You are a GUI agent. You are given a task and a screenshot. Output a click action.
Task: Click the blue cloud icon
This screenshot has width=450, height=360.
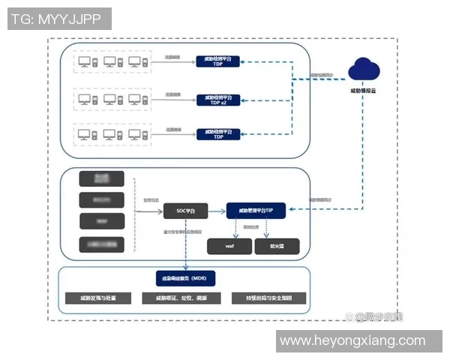pyautogui.click(x=366, y=68)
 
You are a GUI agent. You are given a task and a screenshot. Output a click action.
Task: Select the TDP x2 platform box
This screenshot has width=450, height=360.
pyautogui.click(x=218, y=99)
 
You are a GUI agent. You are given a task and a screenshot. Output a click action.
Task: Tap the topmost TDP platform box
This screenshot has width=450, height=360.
pyautogui.click(x=218, y=61)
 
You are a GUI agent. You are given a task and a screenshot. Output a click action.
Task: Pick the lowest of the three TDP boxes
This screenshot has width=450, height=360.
pyautogui.click(x=218, y=135)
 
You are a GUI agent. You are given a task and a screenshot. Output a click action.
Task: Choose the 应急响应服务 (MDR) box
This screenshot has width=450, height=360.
pyautogui.click(x=185, y=277)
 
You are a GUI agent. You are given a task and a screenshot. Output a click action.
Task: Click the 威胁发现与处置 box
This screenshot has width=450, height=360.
pyautogui.click(x=96, y=298)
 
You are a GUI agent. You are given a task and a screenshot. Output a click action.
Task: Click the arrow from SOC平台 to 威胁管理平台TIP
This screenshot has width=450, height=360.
pyautogui.click(x=216, y=212)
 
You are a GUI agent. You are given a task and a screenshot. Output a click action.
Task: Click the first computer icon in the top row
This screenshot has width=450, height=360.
pyautogui.click(x=85, y=61)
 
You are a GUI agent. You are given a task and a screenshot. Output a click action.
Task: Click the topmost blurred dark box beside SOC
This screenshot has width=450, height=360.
pyautogui.click(x=101, y=178)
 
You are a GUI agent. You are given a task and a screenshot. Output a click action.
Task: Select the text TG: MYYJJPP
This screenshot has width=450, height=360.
pyautogui.click(x=57, y=19)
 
